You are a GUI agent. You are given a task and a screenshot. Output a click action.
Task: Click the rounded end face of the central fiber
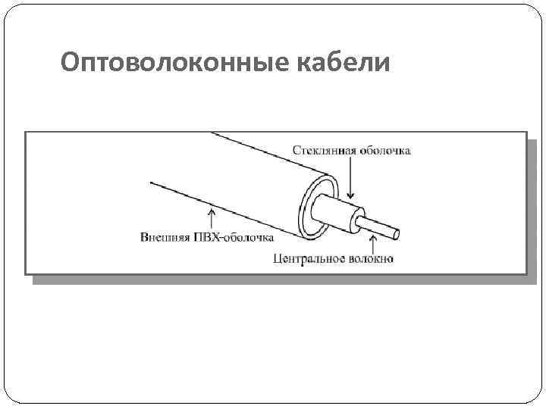398,230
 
